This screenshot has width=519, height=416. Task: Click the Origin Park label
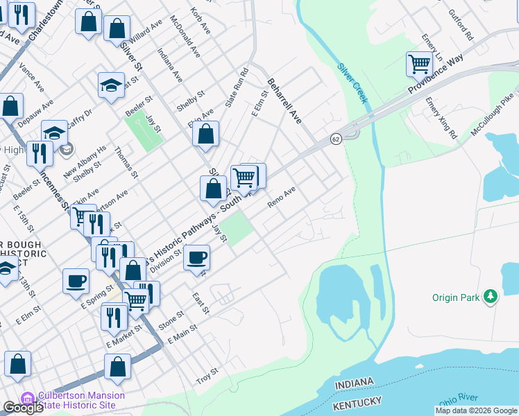pyautogui.click(x=454, y=297)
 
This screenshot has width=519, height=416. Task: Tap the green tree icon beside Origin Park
pyautogui.click(x=491, y=297)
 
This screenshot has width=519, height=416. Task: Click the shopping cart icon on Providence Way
pyautogui.click(x=420, y=64)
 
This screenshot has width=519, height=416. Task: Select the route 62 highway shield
pyautogui.click(x=336, y=138)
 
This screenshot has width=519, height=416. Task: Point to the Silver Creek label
pyautogui.click(x=352, y=83)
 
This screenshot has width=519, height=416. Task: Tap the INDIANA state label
pyautogui.click(x=354, y=383)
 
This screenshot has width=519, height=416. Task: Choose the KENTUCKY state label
pyautogui.click(x=357, y=402)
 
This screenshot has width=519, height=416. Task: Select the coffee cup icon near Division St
pyautogui.click(x=197, y=257)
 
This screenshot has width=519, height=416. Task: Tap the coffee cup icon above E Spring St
pyautogui.click(x=76, y=281)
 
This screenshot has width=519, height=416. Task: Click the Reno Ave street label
pyautogui.click(x=282, y=197)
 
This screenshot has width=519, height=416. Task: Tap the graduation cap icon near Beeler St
pyautogui.click(x=111, y=85)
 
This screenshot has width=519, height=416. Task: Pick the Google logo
pyautogui.click(x=23, y=408)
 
